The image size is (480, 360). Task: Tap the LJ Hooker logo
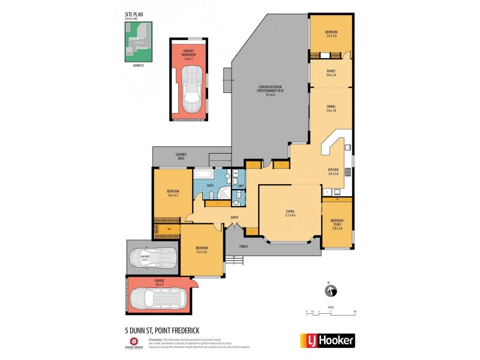click(327, 341)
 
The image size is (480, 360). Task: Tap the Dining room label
click(331, 109)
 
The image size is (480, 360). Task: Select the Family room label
click(331, 73)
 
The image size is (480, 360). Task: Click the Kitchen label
click(333, 172)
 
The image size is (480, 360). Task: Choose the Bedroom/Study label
click(336, 224)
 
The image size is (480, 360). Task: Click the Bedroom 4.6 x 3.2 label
click(173, 193)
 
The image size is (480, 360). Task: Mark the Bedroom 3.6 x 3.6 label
click(331, 33)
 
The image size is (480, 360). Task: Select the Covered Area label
click(181, 156)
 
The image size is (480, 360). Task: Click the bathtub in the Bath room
click(203, 175)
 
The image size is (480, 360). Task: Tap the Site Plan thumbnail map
click(138, 42)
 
